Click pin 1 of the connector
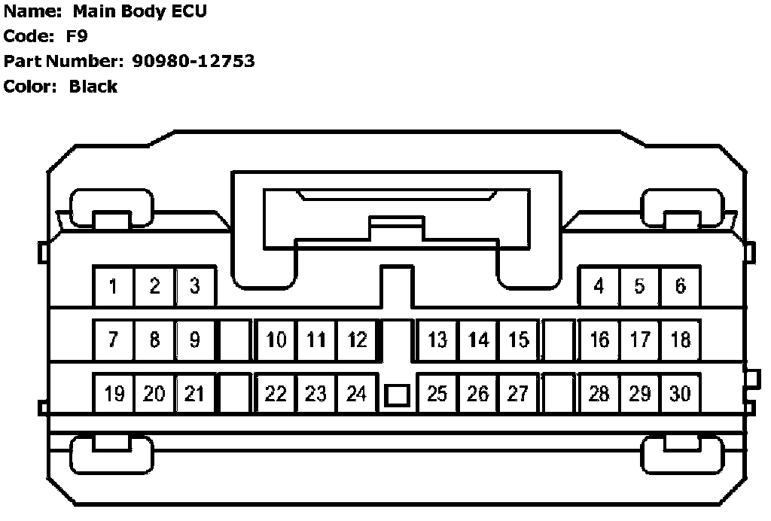(x=114, y=286)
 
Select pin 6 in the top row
(x=680, y=286)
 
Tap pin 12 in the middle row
(x=357, y=340)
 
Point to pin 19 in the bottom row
(x=114, y=394)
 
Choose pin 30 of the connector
(x=680, y=394)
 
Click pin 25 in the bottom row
(x=437, y=394)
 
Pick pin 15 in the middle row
(x=519, y=340)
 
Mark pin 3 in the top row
(x=195, y=286)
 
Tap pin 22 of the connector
(x=276, y=394)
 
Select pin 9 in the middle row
(x=195, y=340)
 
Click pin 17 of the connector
(x=640, y=340)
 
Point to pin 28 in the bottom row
(x=599, y=394)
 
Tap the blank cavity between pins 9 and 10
(x=235, y=340)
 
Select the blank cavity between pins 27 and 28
(x=559, y=394)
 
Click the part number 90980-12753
(x=194, y=61)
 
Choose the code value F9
(x=77, y=36)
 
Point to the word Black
(x=93, y=87)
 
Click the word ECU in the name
(x=188, y=11)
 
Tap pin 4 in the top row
(x=599, y=286)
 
